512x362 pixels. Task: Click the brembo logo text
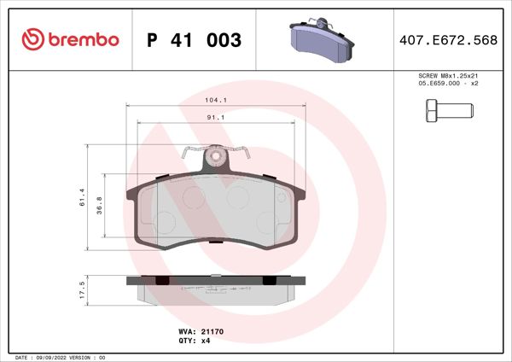click(83, 40)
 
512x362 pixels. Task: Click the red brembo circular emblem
click(32, 40)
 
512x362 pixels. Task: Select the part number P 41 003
click(195, 40)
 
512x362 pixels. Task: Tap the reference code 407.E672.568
click(448, 40)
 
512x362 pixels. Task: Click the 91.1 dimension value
click(215, 119)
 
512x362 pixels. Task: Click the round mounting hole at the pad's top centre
click(216, 156)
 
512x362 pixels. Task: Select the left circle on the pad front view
click(165, 224)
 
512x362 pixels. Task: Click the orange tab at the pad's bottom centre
click(216, 242)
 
